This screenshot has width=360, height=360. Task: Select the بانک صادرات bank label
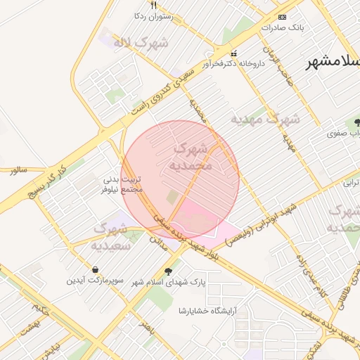pyautogui.click(x=283, y=28)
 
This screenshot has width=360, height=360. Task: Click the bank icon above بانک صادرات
pyautogui.click(x=283, y=16)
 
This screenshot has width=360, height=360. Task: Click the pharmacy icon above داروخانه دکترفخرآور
pyautogui.click(x=234, y=53)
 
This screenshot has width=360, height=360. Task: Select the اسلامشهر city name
pyautogui.click(x=333, y=63)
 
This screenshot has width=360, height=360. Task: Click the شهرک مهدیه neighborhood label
pyautogui.click(x=265, y=119)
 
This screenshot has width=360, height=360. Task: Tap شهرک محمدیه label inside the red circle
pyautogui.click(x=190, y=157)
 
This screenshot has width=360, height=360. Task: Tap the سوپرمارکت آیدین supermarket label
pyautogui.click(x=95, y=281)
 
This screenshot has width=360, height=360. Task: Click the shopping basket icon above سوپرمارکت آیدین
pyautogui.click(x=95, y=269)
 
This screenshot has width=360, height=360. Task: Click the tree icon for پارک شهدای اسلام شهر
pyautogui.click(x=167, y=271)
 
